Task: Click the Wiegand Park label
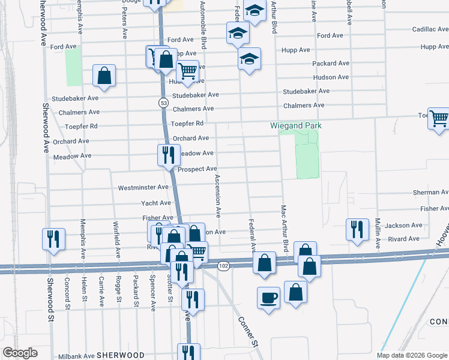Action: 296,125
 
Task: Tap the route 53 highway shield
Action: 163,103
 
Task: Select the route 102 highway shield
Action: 223,265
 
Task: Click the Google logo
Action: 20,353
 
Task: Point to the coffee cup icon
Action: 268,297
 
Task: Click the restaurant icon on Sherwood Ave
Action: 53,238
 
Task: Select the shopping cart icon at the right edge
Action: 439,118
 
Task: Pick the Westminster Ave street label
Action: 143,188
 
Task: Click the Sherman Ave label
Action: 430,193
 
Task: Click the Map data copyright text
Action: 412,355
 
